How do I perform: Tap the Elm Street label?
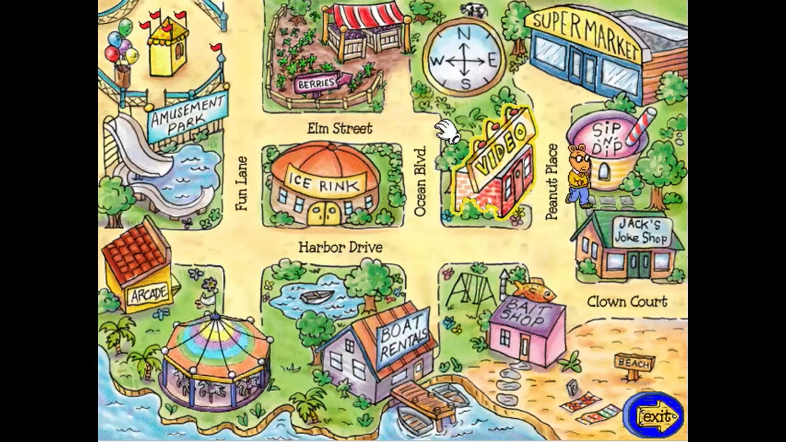340,129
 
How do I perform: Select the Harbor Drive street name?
340,247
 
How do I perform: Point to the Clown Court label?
627,302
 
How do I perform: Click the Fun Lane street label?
242,184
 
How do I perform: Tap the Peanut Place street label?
552,182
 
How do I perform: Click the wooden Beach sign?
634,363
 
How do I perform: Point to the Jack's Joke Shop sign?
642,232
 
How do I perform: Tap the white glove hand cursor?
447,131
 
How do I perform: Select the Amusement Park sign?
187,117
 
